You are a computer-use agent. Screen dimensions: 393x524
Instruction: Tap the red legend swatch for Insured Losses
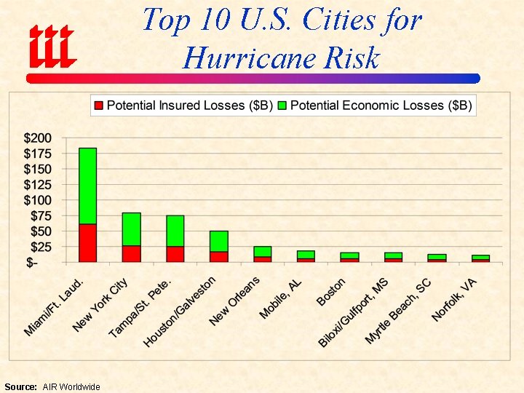pyautogui.click(x=98, y=106)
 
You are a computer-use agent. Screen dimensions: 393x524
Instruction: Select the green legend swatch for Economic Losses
pyautogui.click(x=282, y=106)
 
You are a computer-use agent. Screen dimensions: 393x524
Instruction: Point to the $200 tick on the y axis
pyautogui.click(x=38, y=138)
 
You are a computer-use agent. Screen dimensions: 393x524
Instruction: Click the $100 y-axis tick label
pyautogui.click(x=38, y=199)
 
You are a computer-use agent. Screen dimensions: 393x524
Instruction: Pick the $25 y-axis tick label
pyautogui.click(x=41, y=247)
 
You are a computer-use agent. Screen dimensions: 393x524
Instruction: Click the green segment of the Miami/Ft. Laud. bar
pyautogui.click(x=87, y=186)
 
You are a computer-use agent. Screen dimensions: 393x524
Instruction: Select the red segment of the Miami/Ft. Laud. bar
pyautogui.click(x=87, y=242)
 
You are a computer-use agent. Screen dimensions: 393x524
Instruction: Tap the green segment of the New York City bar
pyautogui.click(x=131, y=229)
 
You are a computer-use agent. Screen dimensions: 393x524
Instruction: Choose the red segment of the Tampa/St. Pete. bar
pyautogui.click(x=175, y=253)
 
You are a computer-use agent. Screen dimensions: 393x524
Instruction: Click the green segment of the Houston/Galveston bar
pyautogui.click(x=218, y=241)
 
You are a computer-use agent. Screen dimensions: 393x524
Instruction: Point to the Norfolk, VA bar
pyautogui.click(x=480, y=258)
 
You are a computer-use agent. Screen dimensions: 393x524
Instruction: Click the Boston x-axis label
pyautogui.click(x=331, y=291)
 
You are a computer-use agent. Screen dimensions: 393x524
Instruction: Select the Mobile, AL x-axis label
pyautogui.click(x=281, y=299)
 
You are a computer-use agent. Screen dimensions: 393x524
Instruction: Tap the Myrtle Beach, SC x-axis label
pyautogui.click(x=397, y=312)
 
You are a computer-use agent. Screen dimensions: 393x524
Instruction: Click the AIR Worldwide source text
pyautogui.click(x=71, y=386)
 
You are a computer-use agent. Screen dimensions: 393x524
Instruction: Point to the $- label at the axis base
pyautogui.click(x=33, y=262)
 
